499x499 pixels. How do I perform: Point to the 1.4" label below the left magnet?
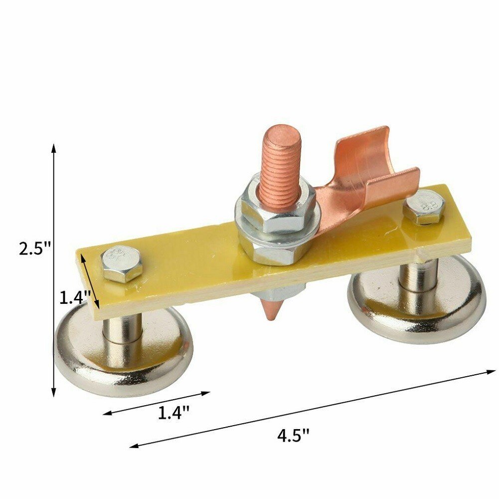173,413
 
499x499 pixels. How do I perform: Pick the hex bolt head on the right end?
424,206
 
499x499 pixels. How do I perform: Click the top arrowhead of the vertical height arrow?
53,147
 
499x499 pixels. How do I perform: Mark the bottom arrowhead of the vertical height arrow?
53,394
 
